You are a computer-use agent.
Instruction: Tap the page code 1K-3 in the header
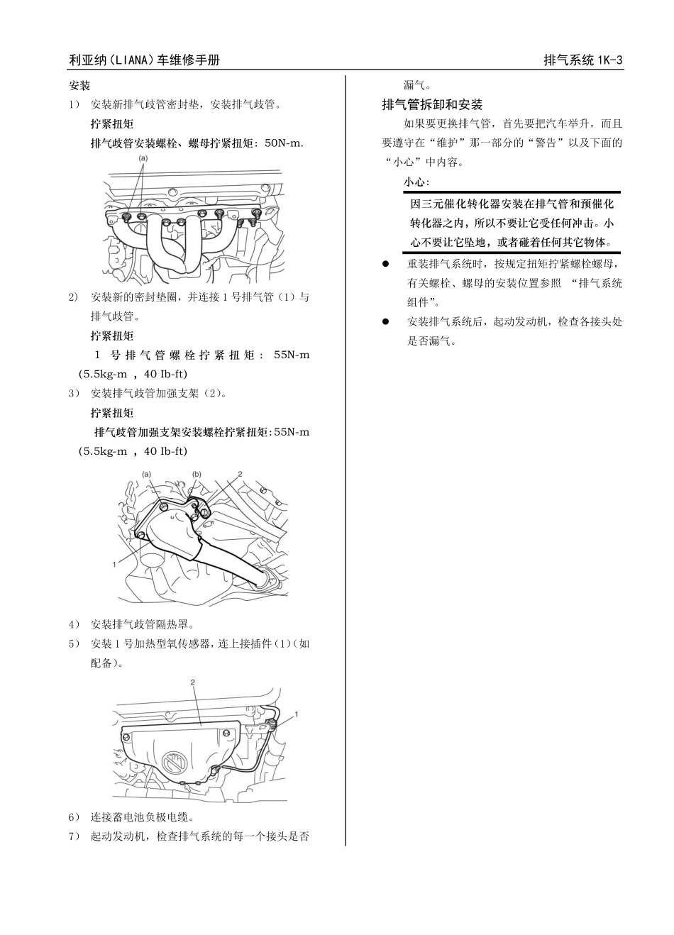tap(609, 60)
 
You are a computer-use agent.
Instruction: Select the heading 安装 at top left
tap(79, 86)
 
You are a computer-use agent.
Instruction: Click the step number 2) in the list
tap(74, 297)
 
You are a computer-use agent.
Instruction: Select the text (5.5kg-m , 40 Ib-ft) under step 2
tap(133, 374)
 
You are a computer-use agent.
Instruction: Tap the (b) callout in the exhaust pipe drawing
tap(197, 473)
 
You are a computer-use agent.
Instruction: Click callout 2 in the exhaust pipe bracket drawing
tap(240, 472)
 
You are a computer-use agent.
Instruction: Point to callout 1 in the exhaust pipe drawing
tap(114, 564)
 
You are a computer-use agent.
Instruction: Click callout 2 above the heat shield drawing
tap(192, 681)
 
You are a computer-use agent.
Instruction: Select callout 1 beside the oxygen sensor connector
tap(297, 713)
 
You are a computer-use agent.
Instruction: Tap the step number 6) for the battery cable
tap(74, 817)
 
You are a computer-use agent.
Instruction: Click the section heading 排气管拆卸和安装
tap(431, 105)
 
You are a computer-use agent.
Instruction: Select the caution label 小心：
tap(416, 182)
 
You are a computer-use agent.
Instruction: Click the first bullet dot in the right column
tap(387, 264)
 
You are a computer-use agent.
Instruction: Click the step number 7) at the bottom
tap(74, 836)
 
